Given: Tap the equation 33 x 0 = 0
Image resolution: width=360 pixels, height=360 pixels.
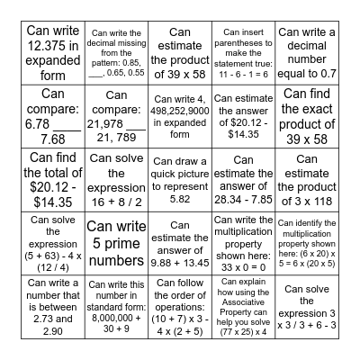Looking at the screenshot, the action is (244, 267).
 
